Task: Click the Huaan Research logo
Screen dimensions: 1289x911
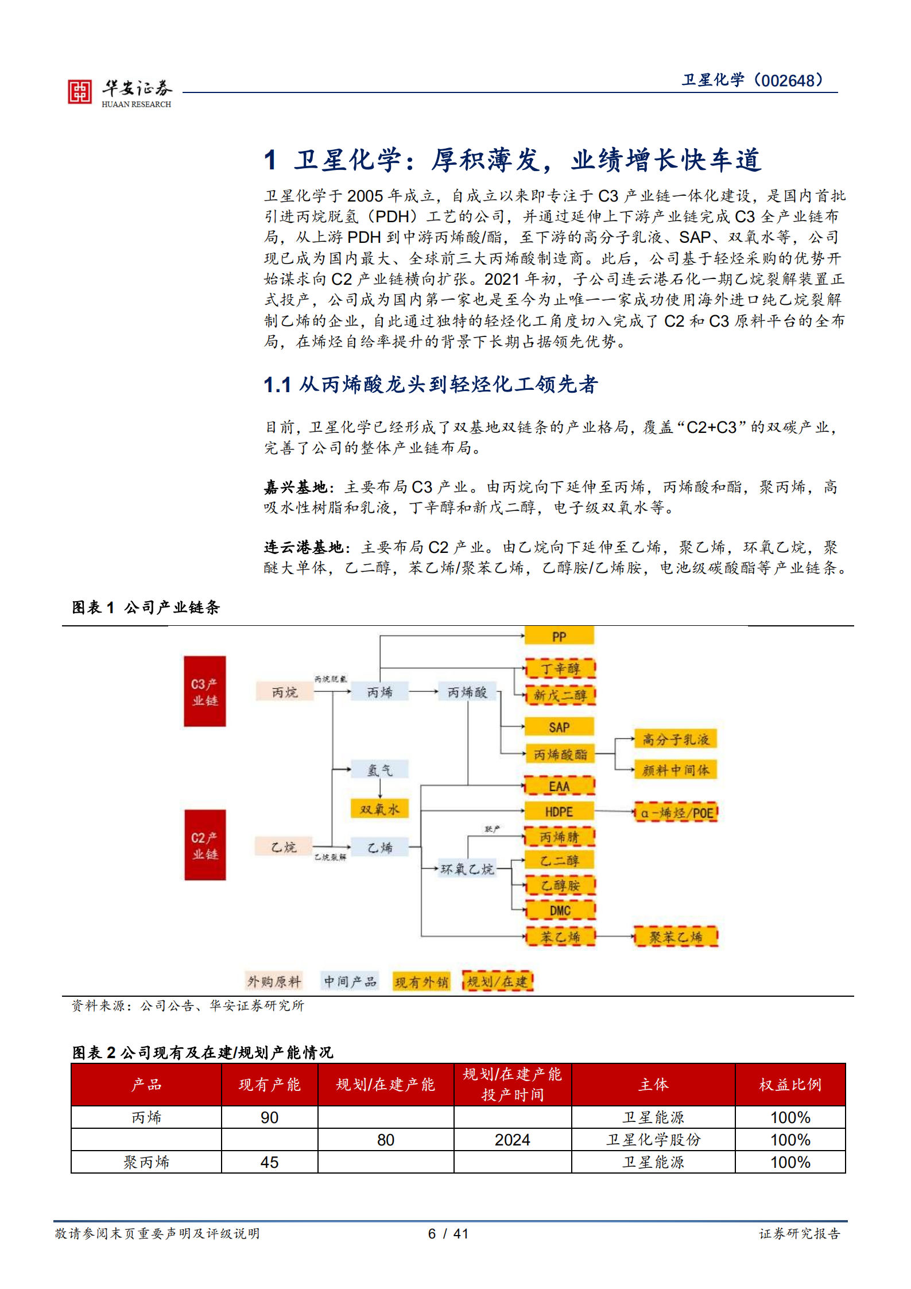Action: tap(119, 92)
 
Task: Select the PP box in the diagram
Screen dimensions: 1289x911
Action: tap(559, 636)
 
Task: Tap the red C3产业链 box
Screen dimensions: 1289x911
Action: tap(205, 691)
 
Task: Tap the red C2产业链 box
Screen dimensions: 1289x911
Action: tap(205, 845)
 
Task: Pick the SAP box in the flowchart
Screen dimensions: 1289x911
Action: tap(559, 727)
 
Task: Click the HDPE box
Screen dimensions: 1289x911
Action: tap(559, 811)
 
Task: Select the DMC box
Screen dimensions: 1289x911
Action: tap(560, 910)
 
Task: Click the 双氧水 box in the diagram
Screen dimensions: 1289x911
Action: tap(379, 809)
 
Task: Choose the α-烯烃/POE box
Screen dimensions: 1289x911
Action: tap(676, 812)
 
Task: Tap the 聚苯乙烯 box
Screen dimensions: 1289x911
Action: tap(676, 936)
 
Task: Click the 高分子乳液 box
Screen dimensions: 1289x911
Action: tap(676, 739)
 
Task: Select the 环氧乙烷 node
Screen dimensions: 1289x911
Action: tap(467, 869)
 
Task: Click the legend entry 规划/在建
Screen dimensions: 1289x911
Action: tap(498, 981)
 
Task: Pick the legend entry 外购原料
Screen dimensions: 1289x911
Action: tap(274, 981)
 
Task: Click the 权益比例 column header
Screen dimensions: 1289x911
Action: tap(790, 1084)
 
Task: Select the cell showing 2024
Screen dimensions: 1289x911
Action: tap(512, 1140)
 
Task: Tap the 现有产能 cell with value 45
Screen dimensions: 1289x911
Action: tap(269, 1162)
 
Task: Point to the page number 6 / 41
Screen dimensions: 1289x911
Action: tap(448, 1233)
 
